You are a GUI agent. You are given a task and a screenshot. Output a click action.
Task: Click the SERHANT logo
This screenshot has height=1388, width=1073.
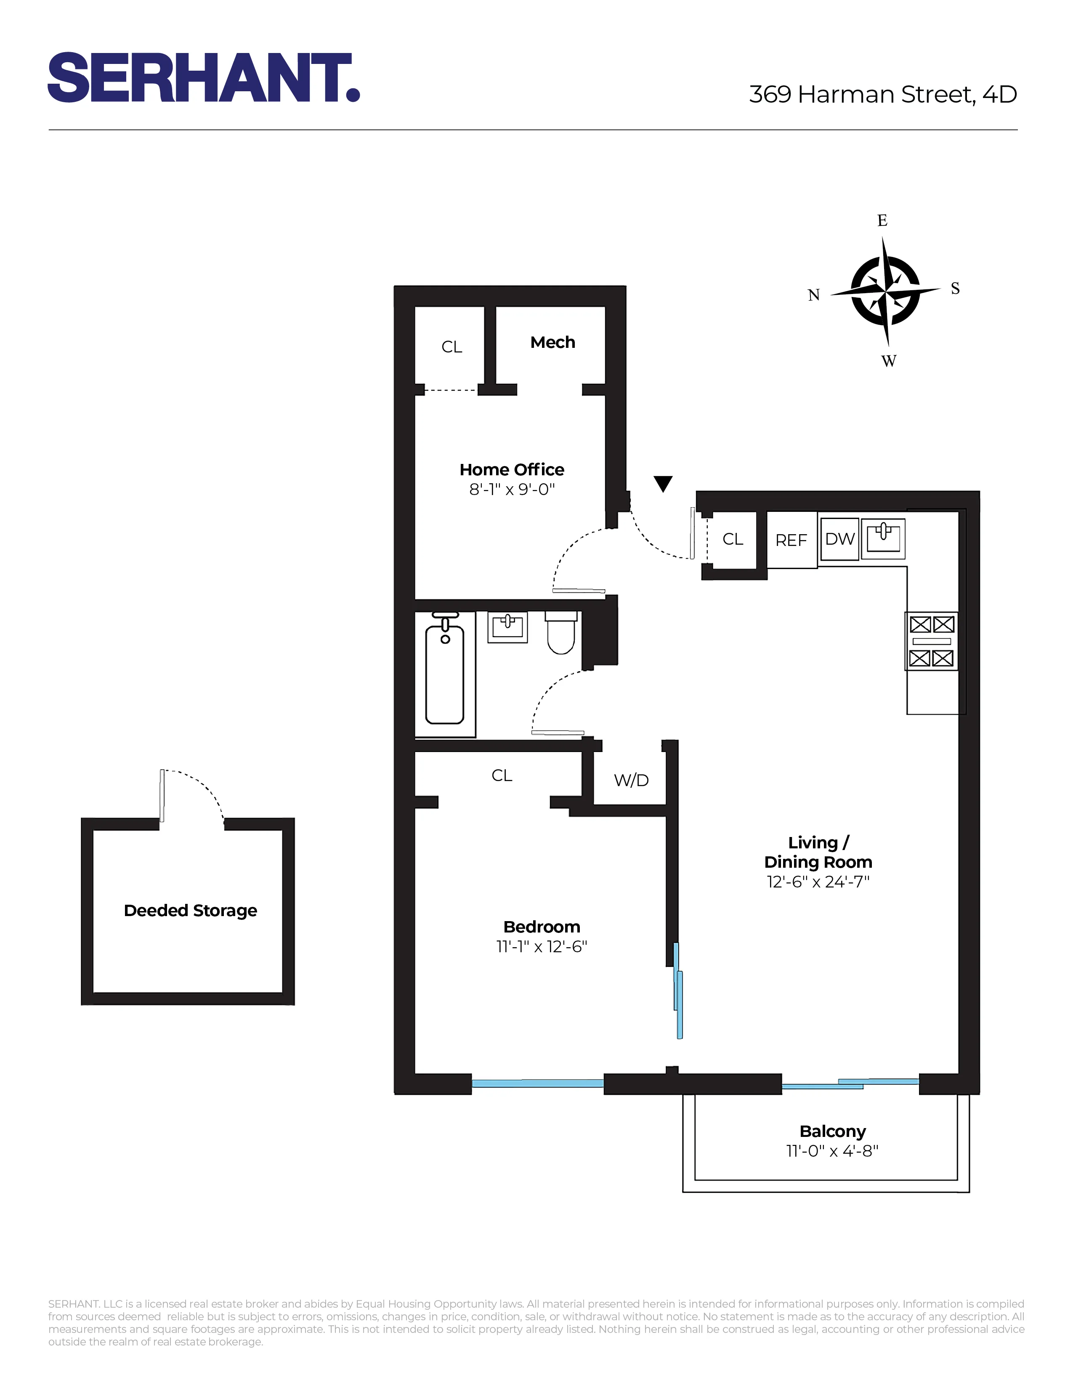coord(203,77)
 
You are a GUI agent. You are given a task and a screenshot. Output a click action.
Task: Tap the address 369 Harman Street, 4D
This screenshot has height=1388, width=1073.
coord(882,95)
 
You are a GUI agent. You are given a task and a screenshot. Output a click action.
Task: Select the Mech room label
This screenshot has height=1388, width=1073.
coord(552,342)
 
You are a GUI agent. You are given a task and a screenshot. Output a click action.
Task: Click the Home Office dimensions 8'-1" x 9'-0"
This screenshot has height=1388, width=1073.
coord(512,489)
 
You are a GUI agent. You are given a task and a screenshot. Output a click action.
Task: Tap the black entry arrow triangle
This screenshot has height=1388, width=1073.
coord(663,484)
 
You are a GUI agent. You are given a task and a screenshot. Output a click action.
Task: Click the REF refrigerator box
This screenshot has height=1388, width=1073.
coord(791,540)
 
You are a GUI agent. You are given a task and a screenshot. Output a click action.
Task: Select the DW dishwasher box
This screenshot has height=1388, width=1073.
coord(840,539)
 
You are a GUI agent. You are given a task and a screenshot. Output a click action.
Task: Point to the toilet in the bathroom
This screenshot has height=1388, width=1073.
coord(561,633)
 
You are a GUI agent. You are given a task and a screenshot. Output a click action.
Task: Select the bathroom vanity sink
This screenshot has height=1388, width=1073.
coord(507,627)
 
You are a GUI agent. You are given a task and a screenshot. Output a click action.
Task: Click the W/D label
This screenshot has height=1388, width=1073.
coord(631,780)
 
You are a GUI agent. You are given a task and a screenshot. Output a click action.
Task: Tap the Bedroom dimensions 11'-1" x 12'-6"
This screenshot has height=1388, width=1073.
coord(542,946)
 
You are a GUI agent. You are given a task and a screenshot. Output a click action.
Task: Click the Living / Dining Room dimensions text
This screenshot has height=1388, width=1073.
coord(818,882)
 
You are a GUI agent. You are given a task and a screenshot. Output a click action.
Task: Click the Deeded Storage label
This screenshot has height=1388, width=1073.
coord(190,910)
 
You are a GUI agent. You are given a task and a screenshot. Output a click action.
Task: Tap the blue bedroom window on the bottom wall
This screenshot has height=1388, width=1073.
coord(537,1083)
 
